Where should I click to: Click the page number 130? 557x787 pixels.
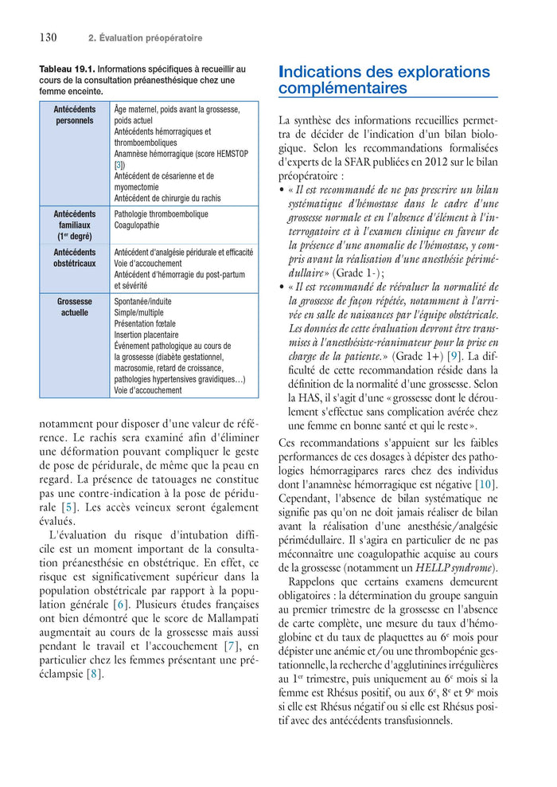point(48,37)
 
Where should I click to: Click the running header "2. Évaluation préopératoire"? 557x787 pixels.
point(145,38)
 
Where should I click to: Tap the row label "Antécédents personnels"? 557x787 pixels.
point(74,115)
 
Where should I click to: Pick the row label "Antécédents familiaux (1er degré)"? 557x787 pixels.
point(74,225)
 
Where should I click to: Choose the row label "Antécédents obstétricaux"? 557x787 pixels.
point(74,258)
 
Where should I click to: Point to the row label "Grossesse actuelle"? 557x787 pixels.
point(74,307)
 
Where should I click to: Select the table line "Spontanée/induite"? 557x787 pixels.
point(142,302)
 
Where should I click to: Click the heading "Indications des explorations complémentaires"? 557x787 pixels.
point(384,80)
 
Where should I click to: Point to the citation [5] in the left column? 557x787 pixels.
point(69,507)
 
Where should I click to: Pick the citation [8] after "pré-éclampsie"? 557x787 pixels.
point(95,674)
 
